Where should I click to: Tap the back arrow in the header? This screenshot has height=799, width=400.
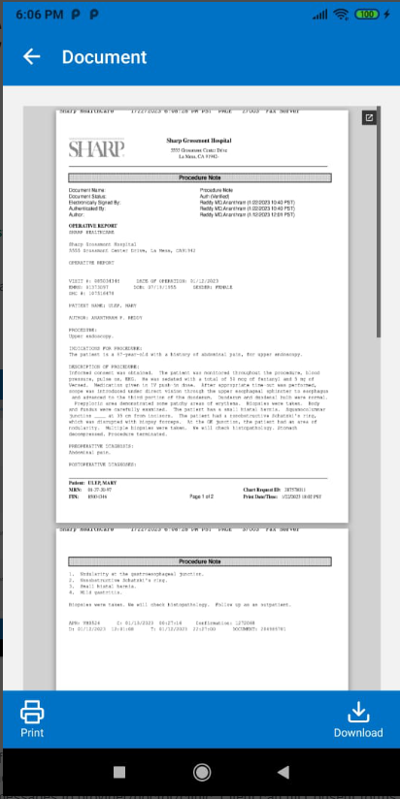click(31, 57)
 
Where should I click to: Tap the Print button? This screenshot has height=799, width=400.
click(32, 719)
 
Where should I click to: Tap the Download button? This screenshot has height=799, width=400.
click(358, 719)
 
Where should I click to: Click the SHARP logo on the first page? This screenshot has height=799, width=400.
click(96, 148)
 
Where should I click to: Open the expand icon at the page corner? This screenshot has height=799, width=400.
click(369, 118)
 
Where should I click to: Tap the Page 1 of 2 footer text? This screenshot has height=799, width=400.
click(201, 496)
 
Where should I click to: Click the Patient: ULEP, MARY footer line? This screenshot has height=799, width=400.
click(94, 483)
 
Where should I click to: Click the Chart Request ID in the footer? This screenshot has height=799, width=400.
click(287, 490)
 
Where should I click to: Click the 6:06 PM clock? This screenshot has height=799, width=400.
click(35, 16)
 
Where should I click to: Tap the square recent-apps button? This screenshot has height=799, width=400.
click(119, 772)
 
